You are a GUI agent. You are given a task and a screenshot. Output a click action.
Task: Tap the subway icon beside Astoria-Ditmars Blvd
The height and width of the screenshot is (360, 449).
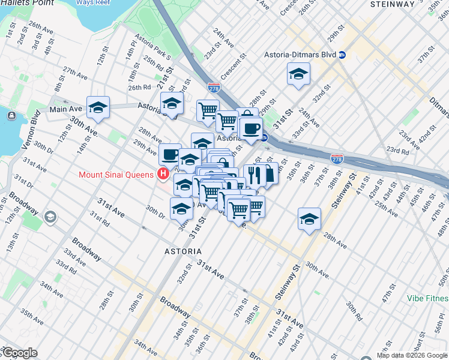tap(342, 55)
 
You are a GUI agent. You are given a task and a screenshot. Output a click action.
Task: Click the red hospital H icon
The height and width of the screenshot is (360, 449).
tap(161, 175)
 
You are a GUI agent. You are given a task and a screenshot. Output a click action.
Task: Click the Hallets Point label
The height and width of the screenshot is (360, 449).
tap(26, 3)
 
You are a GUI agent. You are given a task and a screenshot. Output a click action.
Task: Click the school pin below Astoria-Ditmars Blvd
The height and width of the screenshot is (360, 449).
tap(298, 75)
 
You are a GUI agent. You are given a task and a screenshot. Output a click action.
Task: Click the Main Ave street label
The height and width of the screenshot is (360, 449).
tap(65, 109)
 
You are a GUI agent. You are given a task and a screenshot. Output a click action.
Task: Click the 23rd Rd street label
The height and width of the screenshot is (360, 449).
tap(397, 150)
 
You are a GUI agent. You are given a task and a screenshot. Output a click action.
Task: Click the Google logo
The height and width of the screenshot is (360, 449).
tap(19, 353)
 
